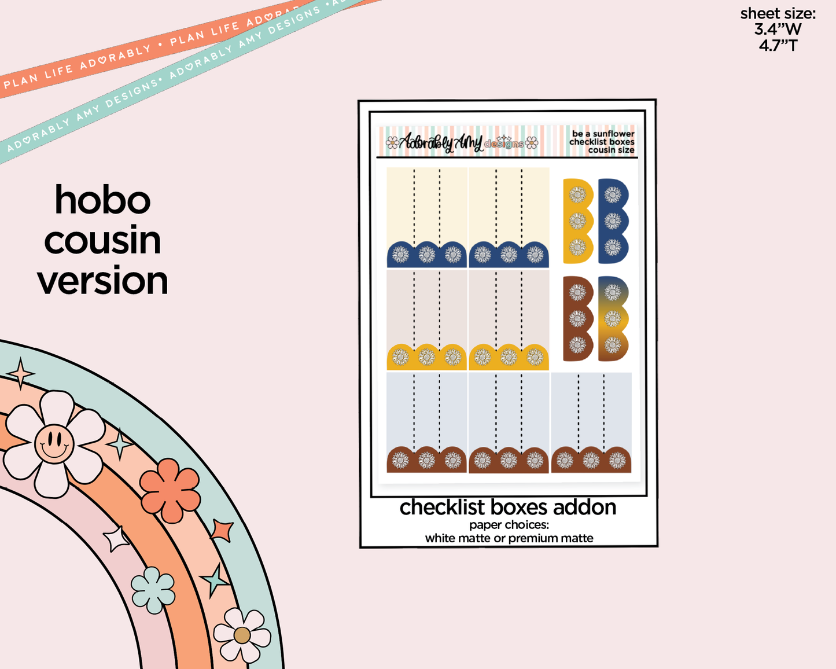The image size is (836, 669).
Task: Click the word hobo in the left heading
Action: (102, 200)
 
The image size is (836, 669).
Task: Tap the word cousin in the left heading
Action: (102, 240)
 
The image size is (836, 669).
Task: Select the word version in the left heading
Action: (102, 281)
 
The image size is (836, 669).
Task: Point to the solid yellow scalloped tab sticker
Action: (578, 221)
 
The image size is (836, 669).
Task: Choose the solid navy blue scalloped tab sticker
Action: (613, 221)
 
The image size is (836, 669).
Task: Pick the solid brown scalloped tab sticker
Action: (578, 319)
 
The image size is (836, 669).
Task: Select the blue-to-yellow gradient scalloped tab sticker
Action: (613, 319)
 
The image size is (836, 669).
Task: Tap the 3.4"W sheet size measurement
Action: (778, 30)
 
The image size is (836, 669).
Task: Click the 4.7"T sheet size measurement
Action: (778, 46)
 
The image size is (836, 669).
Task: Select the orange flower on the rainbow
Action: (170, 491)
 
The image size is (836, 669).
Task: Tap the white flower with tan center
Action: (242, 635)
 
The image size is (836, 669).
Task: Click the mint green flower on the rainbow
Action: (153, 590)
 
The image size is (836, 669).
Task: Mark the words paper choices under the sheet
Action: (509, 525)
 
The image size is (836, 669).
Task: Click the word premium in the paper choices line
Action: (532, 539)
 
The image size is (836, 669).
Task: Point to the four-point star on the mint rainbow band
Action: (21, 374)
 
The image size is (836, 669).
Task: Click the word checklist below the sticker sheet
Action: (442, 508)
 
